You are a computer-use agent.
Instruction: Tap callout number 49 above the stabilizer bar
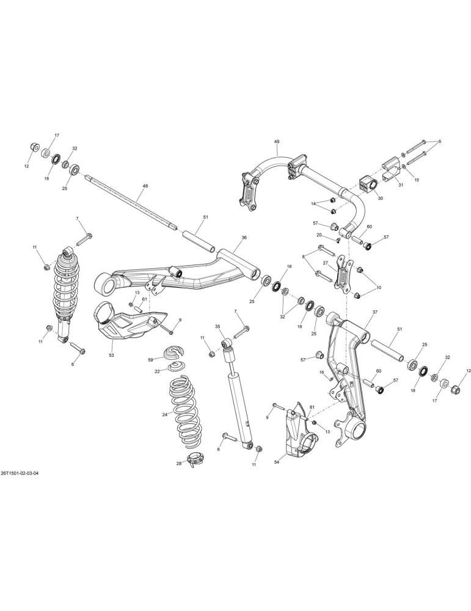(x=277, y=142)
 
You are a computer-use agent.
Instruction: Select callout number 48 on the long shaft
(x=145, y=186)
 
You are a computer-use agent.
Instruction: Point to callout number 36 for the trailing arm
(x=244, y=237)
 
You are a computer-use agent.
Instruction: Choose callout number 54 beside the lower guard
(x=277, y=462)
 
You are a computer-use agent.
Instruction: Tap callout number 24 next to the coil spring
(x=165, y=415)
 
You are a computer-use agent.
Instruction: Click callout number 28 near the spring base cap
(x=179, y=463)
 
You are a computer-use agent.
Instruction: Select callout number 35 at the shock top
(x=217, y=326)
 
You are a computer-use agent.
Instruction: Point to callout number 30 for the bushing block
(x=381, y=198)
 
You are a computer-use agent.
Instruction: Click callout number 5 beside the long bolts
(x=440, y=141)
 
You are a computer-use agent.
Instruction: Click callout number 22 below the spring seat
(x=158, y=371)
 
